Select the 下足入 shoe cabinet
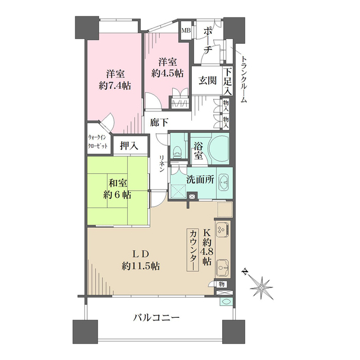click(x=228, y=80)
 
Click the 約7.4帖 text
click(x=115, y=86)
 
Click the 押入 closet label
click(x=129, y=145)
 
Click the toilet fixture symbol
click(x=178, y=151)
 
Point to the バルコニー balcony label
click(x=156, y=318)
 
